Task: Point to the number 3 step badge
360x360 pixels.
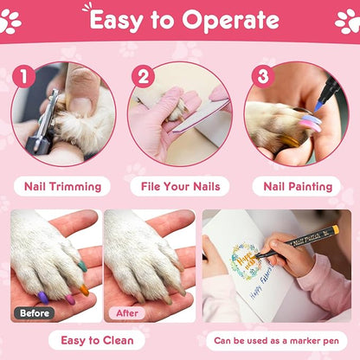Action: pos(260,76)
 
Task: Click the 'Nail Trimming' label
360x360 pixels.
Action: pos(63,186)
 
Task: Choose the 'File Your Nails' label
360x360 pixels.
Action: pos(179,186)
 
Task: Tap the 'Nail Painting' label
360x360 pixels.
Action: pos(296,186)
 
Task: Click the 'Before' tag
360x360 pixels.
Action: pos(34,312)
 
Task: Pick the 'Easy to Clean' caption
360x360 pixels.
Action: pos(92,340)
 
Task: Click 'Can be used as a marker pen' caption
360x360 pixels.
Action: pos(273,340)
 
